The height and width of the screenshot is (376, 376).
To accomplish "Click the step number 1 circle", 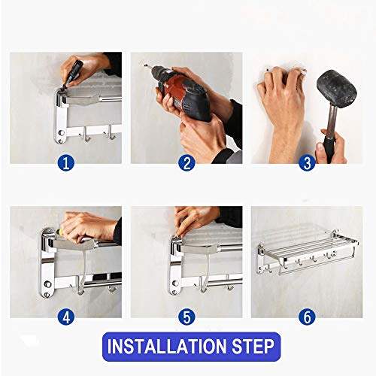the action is (x=66, y=163).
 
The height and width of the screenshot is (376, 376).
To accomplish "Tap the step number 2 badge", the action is (x=186, y=163).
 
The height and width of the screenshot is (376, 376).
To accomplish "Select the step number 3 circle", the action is (x=307, y=163).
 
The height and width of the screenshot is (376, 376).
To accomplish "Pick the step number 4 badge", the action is (x=66, y=317).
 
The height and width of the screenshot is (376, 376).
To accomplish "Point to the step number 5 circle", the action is (x=186, y=317).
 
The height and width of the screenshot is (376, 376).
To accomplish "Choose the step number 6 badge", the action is (x=307, y=317).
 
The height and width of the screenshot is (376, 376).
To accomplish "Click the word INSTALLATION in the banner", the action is (x=166, y=347).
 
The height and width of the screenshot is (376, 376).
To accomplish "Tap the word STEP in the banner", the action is (x=253, y=347).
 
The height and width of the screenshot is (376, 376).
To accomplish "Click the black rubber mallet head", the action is (x=337, y=89).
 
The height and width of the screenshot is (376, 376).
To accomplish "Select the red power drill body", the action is (x=183, y=92).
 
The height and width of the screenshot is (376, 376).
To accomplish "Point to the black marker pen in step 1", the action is (x=72, y=74).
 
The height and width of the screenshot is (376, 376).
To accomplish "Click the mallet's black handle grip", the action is (x=329, y=149).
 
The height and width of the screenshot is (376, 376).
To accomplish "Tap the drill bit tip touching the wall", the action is (x=145, y=65).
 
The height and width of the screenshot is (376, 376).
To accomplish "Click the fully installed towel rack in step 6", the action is (x=307, y=252).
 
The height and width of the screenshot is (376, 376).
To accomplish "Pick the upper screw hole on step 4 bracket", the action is (x=47, y=284).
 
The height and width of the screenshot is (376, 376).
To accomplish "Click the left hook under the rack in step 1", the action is (x=86, y=134).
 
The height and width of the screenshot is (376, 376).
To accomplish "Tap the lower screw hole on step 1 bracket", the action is (x=60, y=141).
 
